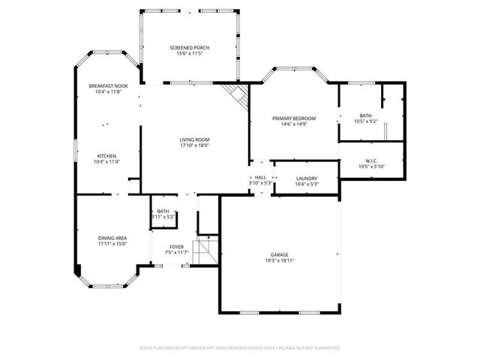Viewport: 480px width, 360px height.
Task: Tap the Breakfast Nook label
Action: tap(108, 86)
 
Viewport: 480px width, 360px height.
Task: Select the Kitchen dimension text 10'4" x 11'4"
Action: tap(106, 161)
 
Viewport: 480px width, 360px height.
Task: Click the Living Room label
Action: tap(193, 139)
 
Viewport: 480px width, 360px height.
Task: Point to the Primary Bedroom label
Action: tap(293, 118)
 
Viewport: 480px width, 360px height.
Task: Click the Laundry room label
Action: tap(306, 178)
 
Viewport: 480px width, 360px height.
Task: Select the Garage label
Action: tap(280, 255)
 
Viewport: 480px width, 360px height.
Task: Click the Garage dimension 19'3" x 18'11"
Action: tap(280, 262)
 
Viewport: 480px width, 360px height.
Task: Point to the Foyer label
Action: tap(176, 246)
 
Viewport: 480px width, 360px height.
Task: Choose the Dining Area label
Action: tap(112, 237)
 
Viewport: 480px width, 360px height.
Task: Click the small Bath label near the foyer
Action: tap(163, 211)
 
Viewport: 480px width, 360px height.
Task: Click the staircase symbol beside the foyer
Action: tap(203, 247)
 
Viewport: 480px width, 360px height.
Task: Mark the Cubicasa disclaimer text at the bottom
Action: tap(240, 348)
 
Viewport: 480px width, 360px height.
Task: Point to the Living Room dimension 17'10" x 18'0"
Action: tap(193, 145)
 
